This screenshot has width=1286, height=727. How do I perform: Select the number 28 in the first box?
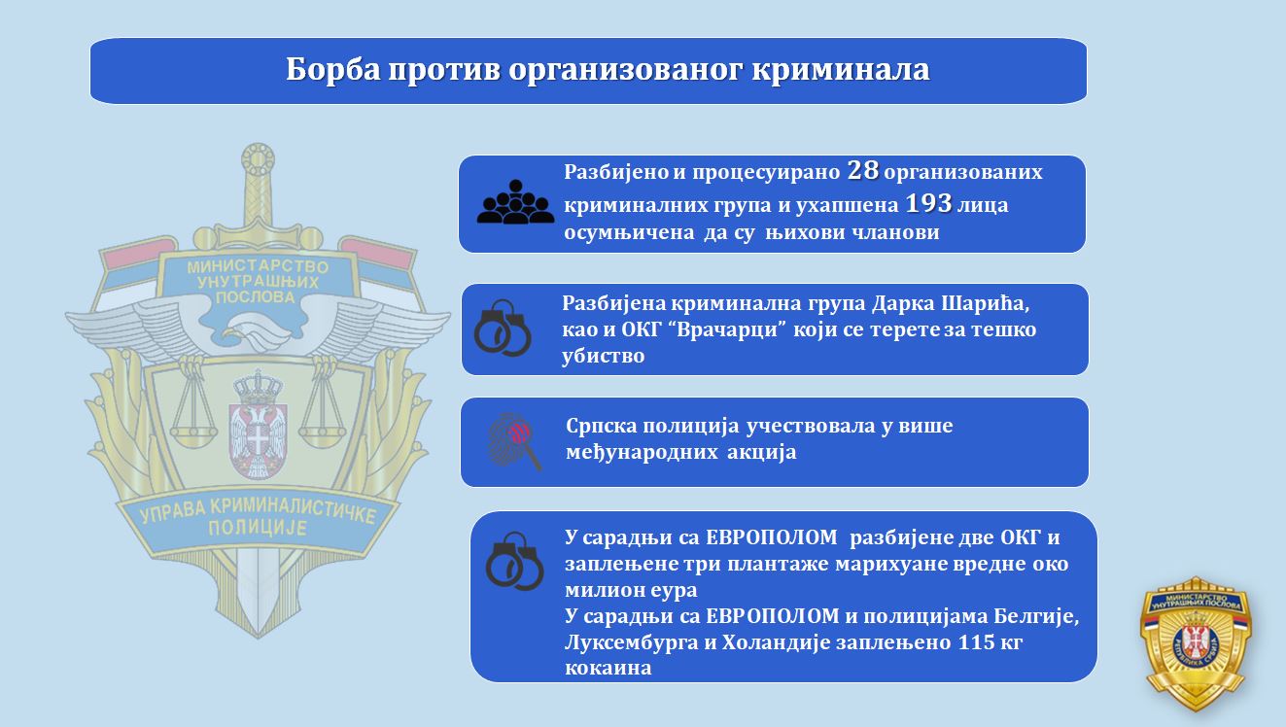862,170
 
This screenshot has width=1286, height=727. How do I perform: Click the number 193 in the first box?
928,203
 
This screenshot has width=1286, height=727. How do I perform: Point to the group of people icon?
515,201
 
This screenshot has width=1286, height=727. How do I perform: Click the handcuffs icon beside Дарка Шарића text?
503,328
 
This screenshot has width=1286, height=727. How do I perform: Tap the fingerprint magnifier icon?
514,441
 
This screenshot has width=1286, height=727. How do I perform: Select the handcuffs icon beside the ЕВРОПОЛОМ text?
514,561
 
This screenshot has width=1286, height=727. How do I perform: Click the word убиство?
603,356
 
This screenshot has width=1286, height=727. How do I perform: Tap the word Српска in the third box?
601,427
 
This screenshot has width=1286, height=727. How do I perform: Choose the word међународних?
642,453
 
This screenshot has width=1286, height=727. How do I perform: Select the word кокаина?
608,669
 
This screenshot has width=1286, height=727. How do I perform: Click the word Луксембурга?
632,642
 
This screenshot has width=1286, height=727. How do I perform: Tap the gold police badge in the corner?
1196,643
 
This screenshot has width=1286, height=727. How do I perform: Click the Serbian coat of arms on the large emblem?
258,426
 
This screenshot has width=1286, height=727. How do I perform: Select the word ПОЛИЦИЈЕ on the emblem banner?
258,528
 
